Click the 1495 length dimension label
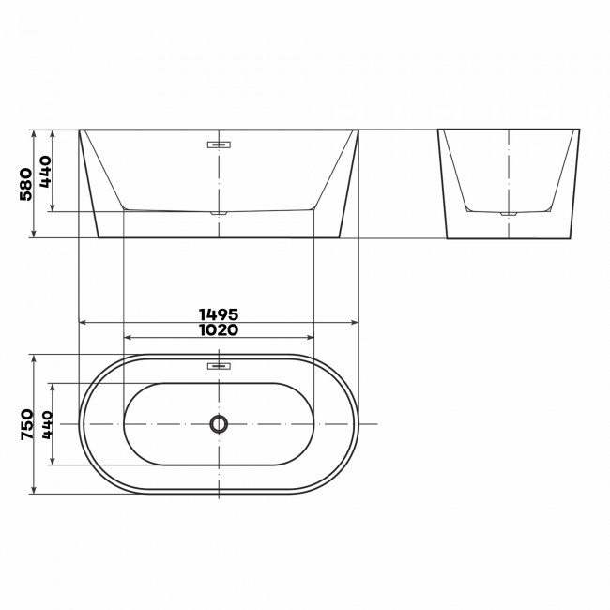(219, 314)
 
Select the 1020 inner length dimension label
(219, 330)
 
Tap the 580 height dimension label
(26, 184)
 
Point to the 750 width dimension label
(27, 424)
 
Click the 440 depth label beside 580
(45, 172)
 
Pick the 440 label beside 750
(47, 425)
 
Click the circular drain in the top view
(219, 423)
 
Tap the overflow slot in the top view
(219, 366)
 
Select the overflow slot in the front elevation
(219, 145)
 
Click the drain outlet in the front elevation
(219, 213)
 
